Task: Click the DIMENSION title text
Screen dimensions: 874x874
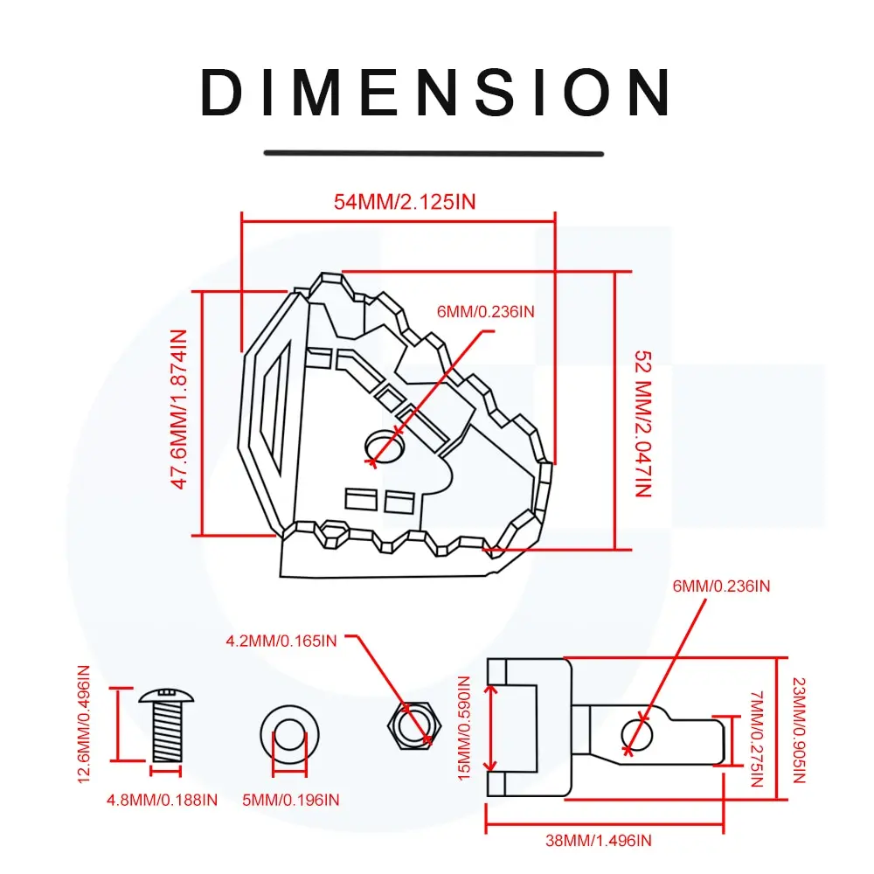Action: [x=435, y=92]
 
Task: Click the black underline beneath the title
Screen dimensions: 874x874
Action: [x=434, y=153]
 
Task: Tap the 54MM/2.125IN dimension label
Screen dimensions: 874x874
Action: [x=405, y=202]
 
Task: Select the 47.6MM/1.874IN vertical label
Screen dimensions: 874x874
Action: [x=179, y=408]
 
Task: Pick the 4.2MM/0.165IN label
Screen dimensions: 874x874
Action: [x=281, y=641]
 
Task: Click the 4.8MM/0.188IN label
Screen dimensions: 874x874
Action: [x=162, y=799]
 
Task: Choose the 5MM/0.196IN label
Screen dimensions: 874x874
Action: [x=291, y=799]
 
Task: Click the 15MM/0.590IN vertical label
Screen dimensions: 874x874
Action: [x=465, y=729]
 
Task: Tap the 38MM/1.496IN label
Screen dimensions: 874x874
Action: [x=599, y=841]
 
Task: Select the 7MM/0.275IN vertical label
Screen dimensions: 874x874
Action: [x=757, y=739]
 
